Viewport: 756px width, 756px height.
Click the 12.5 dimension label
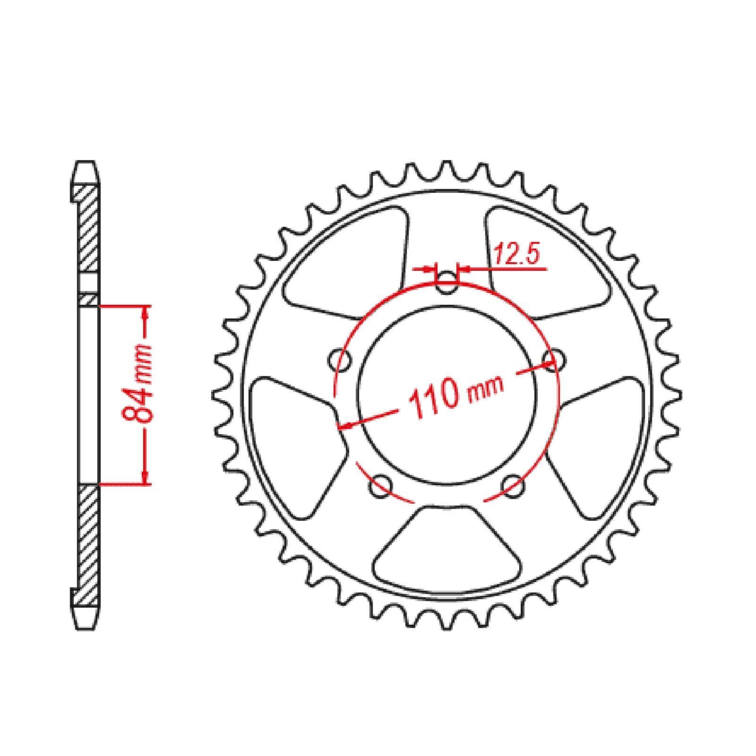516,256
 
